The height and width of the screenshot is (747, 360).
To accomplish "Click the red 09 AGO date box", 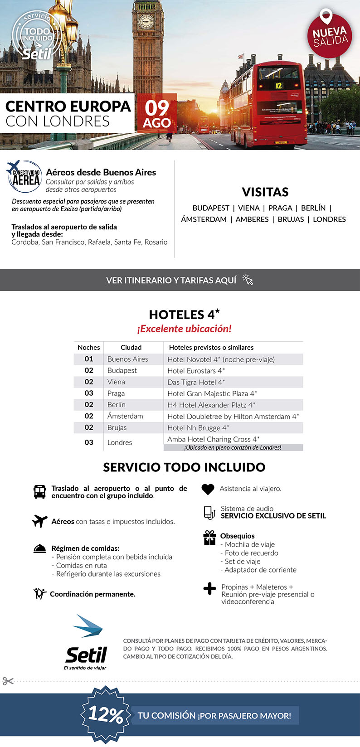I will pos(156,113).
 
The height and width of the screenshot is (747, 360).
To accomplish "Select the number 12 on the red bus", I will pos(278,85).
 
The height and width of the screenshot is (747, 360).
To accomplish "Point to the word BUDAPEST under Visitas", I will pos(211,208).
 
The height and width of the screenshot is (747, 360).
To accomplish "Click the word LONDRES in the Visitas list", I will pos(329,219).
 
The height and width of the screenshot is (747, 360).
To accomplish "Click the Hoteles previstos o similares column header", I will pos(211,348).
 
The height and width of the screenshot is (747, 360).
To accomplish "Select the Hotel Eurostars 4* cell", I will pos(196,371).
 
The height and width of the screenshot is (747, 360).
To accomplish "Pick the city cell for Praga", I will pos(116,393).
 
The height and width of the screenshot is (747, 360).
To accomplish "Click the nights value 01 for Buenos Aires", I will pos(89,359).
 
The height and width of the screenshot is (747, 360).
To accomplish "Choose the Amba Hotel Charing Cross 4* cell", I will pos(213,439).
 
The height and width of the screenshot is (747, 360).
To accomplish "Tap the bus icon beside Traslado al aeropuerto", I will pos(40,492).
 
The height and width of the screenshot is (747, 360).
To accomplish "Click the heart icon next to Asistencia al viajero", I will pos(208,489).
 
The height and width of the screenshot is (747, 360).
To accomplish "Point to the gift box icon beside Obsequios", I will pos(209,538).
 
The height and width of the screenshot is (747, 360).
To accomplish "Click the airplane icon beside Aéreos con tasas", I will pos(40,521).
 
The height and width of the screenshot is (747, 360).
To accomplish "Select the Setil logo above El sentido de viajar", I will pos(86,644).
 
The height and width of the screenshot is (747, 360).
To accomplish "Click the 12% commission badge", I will pos(105,715).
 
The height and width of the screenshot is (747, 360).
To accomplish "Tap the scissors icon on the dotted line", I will pos(8,681).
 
